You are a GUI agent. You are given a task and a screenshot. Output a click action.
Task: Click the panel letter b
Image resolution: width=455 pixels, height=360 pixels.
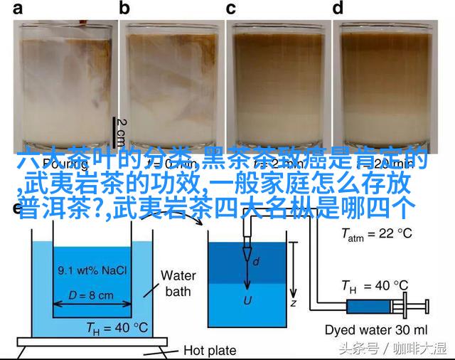coord(125,9)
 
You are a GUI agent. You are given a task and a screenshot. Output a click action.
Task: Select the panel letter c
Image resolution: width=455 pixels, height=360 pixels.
coord(231,9)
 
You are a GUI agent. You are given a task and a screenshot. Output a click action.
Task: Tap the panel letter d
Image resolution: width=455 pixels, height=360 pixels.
coord(338,9)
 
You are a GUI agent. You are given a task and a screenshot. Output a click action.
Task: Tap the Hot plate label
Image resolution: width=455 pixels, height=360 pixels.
coord(211,349)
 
